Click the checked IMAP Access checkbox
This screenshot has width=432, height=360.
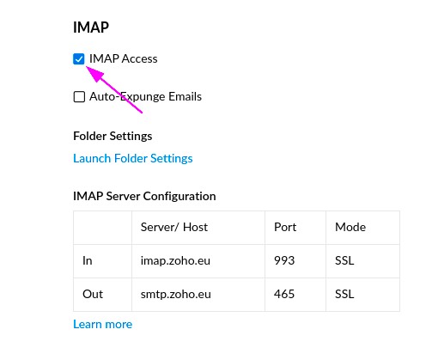point(79,59)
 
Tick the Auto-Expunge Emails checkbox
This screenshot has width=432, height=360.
point(79,97)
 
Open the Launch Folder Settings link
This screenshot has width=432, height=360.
point(133,158)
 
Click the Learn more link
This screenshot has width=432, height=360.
point(103,324)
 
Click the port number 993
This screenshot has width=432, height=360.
point(284,260)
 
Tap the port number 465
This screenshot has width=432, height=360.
point(284,294)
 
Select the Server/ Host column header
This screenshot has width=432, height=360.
point(174,227)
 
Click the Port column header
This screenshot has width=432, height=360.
point(285,227)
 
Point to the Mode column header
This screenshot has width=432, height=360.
point(350,227)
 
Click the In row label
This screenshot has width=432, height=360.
point(88,260)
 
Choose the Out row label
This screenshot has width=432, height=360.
point(93,294)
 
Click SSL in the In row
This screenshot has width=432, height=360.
point(344,260)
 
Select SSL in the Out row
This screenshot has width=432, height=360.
point(344,294)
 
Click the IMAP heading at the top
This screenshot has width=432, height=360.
point(91,27)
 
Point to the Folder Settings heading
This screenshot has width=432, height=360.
point(113,136)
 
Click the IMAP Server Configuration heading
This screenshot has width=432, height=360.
point(144,196)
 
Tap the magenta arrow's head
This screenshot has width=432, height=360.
point(87,67)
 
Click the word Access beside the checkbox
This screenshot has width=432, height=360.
point(140,59)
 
